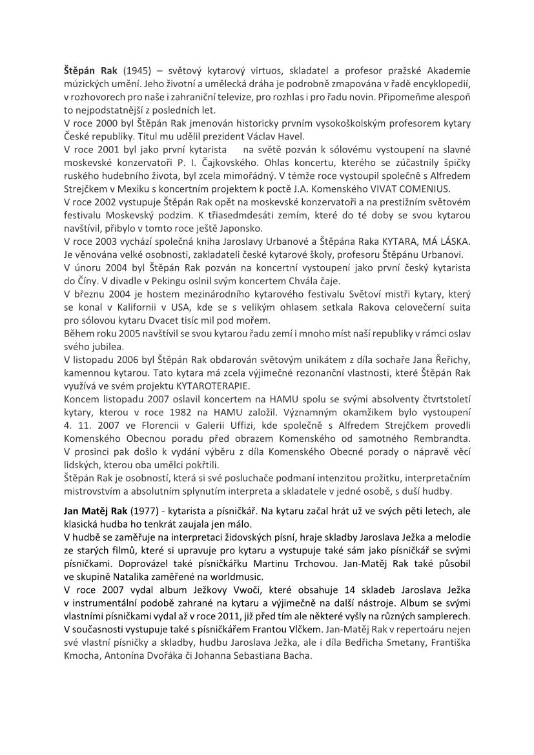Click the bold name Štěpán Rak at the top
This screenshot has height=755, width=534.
click(x=90, y=70)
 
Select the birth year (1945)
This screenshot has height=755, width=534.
click(x=138, y=70)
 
